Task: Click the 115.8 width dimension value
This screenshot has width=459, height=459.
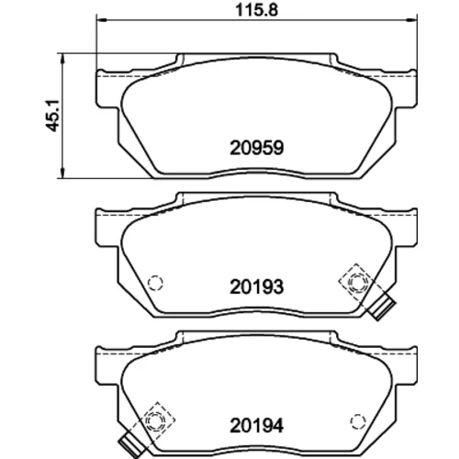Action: coord(256,10)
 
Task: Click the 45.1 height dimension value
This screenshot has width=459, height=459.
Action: coord(52,116)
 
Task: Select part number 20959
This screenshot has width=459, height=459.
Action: coord(257,148)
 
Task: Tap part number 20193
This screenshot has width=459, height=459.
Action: coord(257,287)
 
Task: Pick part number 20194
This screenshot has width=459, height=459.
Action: coord(257,426)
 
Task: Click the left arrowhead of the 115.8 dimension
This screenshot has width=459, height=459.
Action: coord(101,20)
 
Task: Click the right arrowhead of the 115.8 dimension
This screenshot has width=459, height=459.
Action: coord(412,20)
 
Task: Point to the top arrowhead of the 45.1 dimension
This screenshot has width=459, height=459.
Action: coord(62,58)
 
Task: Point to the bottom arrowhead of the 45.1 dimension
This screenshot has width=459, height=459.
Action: coord(62,173)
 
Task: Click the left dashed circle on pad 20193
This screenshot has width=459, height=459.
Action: coord(155,283)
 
